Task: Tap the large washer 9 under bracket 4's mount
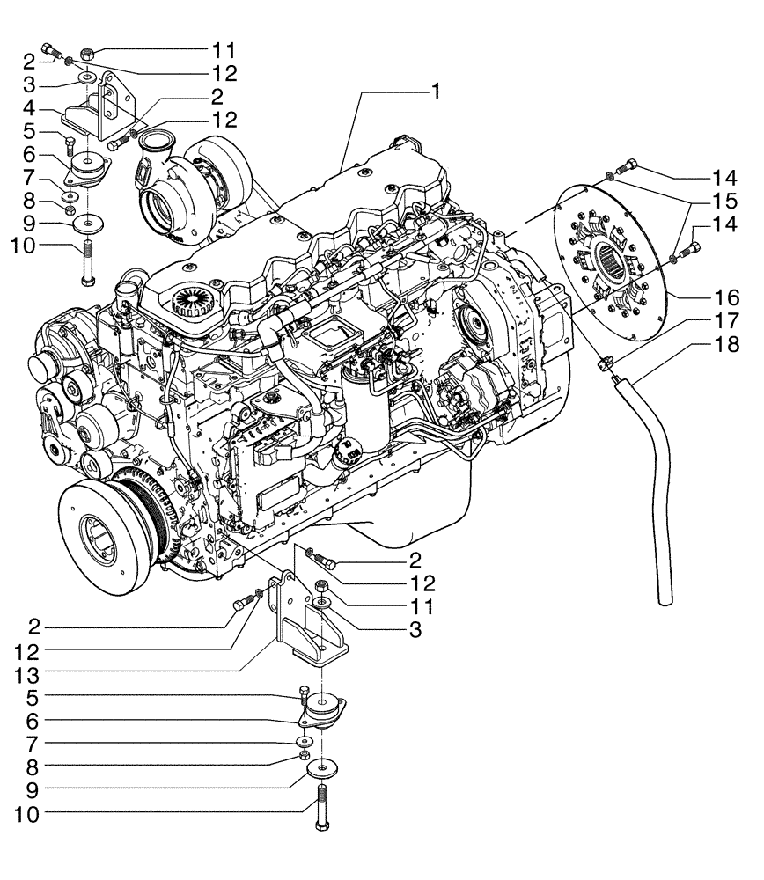tap(88, 222)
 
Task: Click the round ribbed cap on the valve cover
tap(195, 303)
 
